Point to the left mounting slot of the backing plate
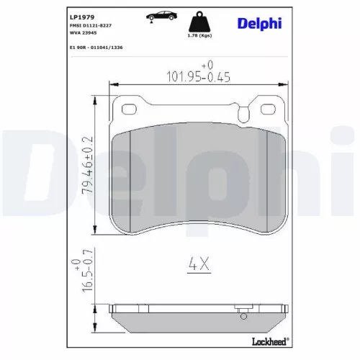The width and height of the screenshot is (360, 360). tap(131, 109)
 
